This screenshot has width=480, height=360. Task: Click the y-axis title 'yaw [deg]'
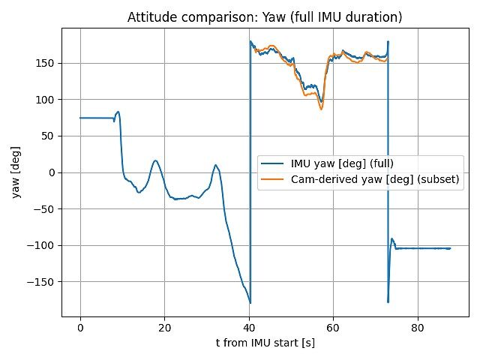(16, 173)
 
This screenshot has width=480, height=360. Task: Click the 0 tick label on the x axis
(80, 327)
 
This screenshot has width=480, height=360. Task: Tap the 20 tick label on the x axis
(165, 327)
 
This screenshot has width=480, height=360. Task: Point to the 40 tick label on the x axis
(250, 327)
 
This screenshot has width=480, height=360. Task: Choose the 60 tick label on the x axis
(334, 327)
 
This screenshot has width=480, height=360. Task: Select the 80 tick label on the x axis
(419, 327)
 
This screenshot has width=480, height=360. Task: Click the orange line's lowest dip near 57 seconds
(321, 109)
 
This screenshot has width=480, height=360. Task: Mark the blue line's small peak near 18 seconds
(156, 160)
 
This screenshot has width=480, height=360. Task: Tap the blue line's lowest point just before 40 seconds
(250, 302)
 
